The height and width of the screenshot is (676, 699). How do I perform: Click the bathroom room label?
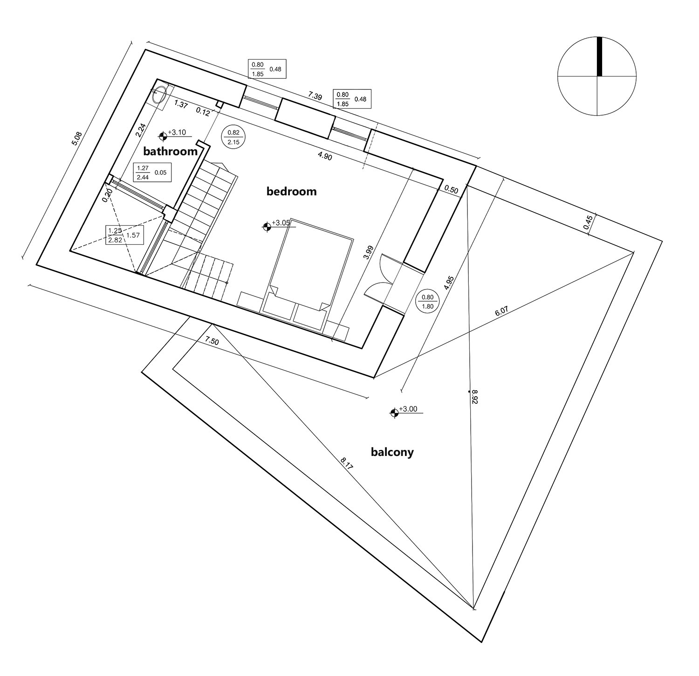170,152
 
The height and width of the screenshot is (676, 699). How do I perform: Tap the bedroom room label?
291,191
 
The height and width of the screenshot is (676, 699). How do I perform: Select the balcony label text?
392,452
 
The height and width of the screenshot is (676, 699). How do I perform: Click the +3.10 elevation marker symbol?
163,136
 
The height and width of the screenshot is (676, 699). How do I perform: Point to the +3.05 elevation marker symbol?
267,227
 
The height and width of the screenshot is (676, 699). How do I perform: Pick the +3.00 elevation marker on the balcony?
395,413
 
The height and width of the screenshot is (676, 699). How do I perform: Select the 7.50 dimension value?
212,341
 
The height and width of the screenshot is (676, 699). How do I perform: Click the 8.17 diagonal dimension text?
346,466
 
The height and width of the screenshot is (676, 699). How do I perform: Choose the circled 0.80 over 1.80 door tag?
427,302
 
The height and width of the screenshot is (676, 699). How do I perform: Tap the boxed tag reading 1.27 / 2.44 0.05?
151,172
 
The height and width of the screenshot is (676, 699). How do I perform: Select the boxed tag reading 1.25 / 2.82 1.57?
123,235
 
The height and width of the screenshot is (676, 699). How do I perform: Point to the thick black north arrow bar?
599,56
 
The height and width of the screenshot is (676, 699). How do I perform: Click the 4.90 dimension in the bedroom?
325,157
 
